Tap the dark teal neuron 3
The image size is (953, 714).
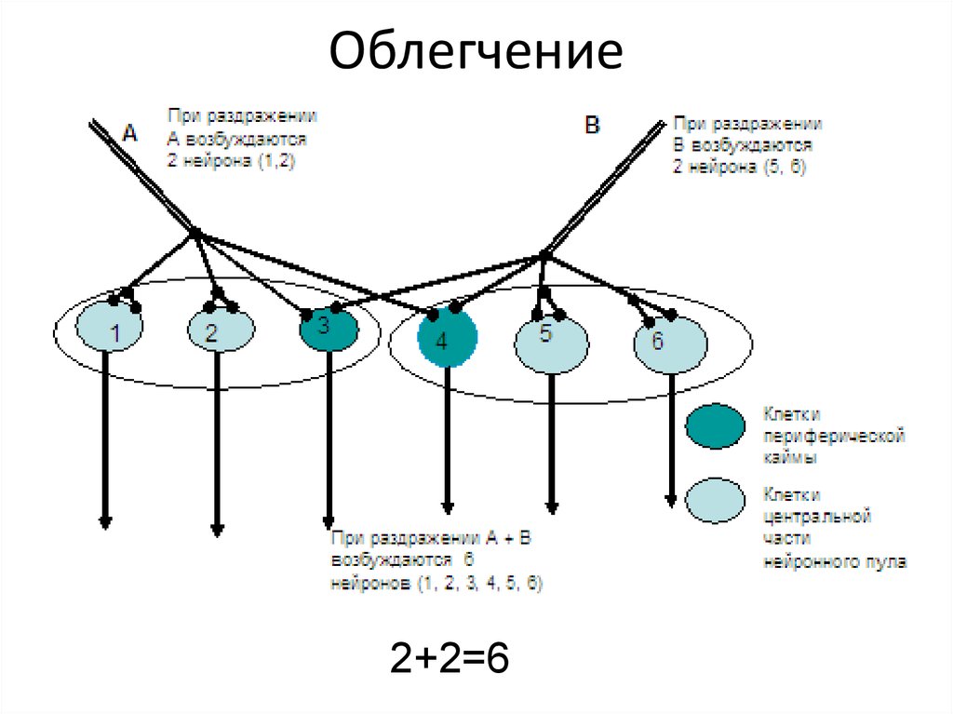tap(329, 329)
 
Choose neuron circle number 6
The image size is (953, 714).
tap(664, 345)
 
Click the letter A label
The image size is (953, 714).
tap(130, 134)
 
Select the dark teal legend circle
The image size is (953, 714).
tap(715, 427)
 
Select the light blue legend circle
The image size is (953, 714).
tap(715, 500)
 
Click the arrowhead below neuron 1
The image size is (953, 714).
tap(105, 521)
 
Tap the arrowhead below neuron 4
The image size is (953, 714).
tap(447, 507)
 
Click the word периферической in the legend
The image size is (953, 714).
tap(834, 436)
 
